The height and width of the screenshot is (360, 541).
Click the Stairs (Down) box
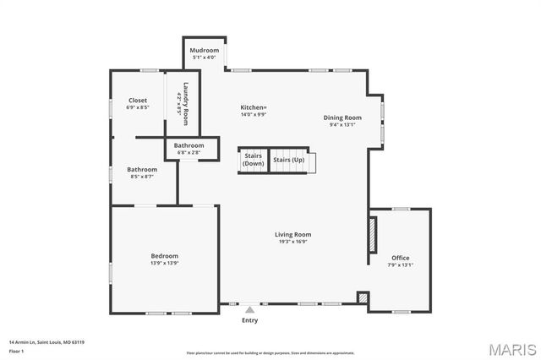coord(254,160)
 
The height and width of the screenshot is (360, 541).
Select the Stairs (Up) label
coord(288,160)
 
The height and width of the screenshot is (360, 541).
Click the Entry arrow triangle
coord(249,310)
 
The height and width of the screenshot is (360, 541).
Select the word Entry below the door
coord(249,320)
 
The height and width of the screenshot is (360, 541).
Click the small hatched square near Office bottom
coord(363,298)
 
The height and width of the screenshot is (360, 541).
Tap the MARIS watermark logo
coord(512,348)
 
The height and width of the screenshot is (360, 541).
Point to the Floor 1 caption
coord(17,351)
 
